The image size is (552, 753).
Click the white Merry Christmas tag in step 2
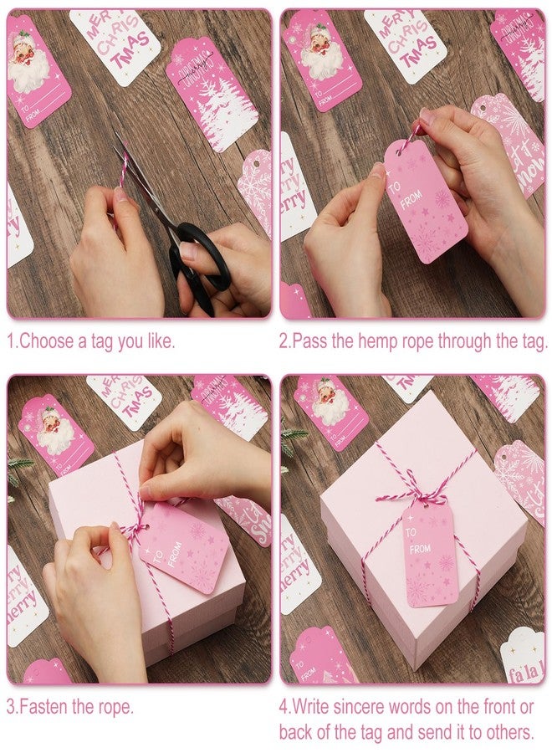[404, 42]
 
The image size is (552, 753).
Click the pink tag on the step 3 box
[184, 548]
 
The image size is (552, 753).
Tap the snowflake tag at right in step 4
[519, 481]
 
